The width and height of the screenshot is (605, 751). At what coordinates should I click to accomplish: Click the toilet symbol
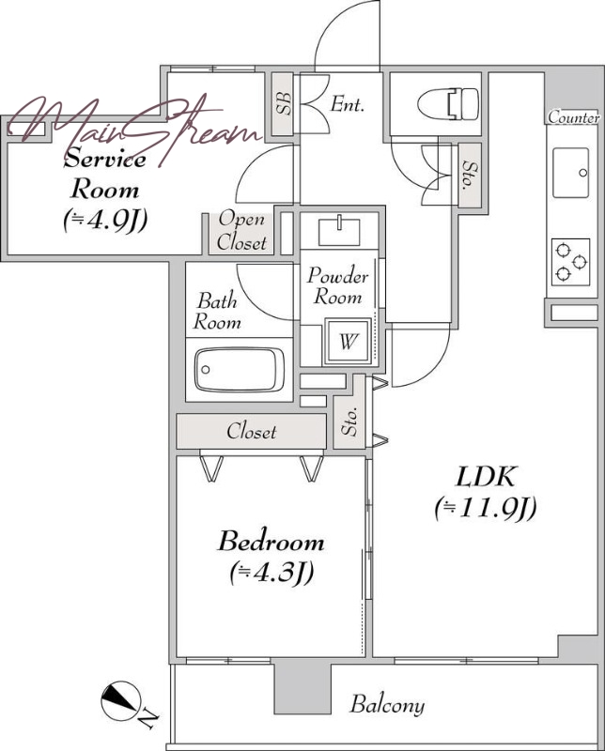[448, 104]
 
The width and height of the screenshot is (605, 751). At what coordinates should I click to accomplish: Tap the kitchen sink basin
[570, 173]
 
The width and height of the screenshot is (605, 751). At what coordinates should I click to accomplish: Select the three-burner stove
[570, 262]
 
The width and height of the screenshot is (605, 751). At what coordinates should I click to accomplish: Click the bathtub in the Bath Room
[239, 370]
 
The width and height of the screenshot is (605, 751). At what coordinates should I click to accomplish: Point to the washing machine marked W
[349, 342]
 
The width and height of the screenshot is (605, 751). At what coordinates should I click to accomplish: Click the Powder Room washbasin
[339, 231]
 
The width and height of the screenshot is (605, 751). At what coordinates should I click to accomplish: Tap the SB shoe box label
[284, 103]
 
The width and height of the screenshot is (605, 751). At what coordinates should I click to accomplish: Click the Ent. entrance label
[347, 103]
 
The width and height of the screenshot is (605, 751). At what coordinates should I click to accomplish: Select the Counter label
[574, 116]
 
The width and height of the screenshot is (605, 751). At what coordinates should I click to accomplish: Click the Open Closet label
[241, 231]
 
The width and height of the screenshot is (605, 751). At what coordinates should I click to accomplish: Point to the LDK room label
[486, 477]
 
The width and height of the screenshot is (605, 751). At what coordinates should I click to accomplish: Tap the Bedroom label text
[271, 542]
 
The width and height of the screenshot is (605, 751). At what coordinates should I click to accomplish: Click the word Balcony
[387, 705]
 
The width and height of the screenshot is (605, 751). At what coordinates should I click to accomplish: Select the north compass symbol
[121, 700]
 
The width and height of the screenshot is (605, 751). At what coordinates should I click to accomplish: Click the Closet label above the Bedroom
[251, 432]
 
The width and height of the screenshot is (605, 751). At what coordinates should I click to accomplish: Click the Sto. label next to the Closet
[350, 422]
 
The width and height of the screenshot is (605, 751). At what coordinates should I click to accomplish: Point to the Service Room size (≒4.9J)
[105, 221]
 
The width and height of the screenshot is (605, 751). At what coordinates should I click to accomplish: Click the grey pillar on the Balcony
[302, 686]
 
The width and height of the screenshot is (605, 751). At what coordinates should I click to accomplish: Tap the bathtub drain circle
[206, 370]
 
